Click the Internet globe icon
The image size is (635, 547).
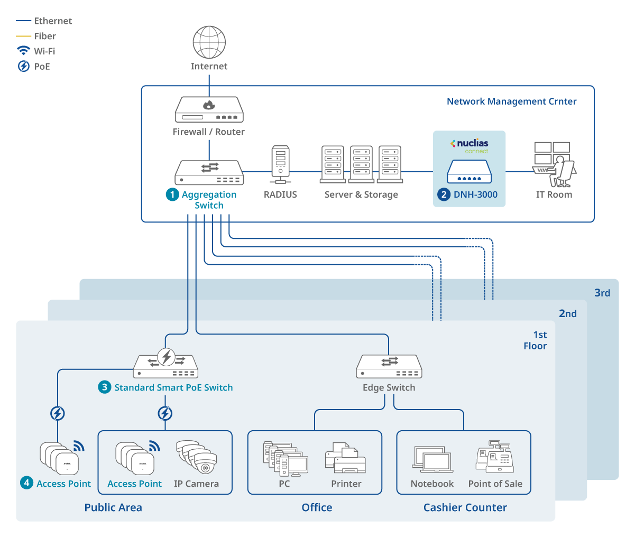click(x=209, y=42)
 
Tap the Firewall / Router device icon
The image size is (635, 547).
click(x=209, y=109)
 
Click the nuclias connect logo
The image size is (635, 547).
click(x=470, y=145)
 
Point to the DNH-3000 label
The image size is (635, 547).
click(x=475, y=194)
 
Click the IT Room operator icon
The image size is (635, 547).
click(x=554, y=164)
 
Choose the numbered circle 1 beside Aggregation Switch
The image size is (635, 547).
click(x=172, y=194)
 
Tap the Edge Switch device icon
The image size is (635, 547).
click(x=389, y=366)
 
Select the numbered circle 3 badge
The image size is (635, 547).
click(x=105, y=387)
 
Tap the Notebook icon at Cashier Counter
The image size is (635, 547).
click(x=432, y=459)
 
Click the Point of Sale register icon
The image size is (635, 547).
click(x=495, y=457)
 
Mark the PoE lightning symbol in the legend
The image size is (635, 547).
click(x=24, y=67)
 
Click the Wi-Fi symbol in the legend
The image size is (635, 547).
click(x=24, y=51)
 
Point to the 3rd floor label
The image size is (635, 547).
click(x=602, y=293)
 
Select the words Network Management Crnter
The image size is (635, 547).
click(x=511, y=101)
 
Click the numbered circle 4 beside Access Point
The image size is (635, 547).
click(x=26, y=483)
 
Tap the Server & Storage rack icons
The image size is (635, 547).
click(x=362, y=164)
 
